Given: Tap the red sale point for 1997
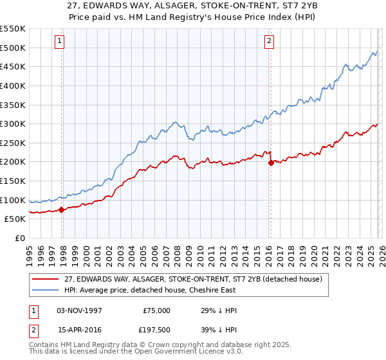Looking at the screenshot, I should pos(61,210).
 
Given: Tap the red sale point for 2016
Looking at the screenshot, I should pos(271,163).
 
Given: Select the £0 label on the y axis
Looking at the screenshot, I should pos(21,238).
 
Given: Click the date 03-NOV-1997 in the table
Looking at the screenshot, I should pos(80,310).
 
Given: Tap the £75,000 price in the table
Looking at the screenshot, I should pos(157,310).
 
